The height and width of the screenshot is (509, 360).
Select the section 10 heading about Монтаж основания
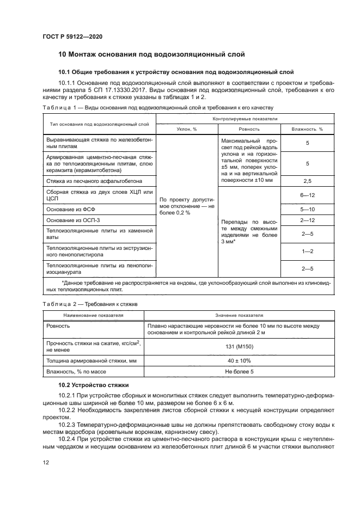(151, 54)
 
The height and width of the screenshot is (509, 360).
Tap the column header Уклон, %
(187, 129)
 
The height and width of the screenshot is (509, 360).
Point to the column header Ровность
(249, 129)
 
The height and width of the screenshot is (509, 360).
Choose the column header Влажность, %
(307, 129)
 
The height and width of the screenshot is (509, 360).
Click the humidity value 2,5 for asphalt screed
(307, 180)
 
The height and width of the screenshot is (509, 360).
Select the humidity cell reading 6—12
(307, 194)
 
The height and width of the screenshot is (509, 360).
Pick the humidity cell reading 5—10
(307, 208)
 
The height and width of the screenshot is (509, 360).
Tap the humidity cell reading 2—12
(307, 220)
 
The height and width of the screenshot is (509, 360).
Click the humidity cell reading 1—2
(307, 252)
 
